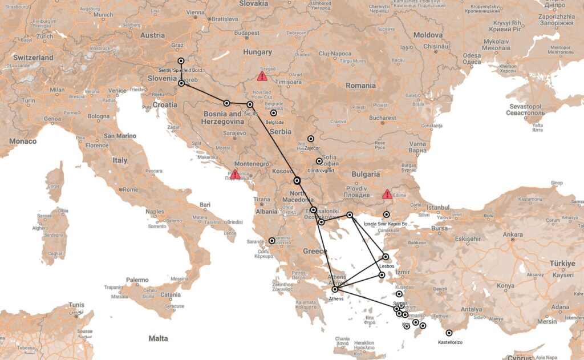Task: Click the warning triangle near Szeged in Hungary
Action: click(262, 76)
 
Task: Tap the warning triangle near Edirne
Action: click(387, 195)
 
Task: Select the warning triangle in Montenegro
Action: click(235, 175)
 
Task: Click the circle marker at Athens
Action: click(335, 290)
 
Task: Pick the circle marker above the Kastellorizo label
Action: click(449, 333)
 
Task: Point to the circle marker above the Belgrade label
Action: click(274, 114)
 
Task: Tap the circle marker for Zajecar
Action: click(311, 139)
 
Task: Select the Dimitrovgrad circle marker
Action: click(319, 161)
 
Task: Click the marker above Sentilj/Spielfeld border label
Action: click(181, 60)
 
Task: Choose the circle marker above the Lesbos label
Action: click(386, 257)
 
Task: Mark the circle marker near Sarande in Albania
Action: click(271, 241)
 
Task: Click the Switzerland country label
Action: click(33, 58)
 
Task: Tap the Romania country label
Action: click(360, 86)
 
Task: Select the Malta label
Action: click(158, 338)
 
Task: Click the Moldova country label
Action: click(428, 35)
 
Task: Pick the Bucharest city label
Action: click(382, 118)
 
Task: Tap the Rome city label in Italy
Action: click(131, 189)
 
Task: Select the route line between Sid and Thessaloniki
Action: click(274, 143)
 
